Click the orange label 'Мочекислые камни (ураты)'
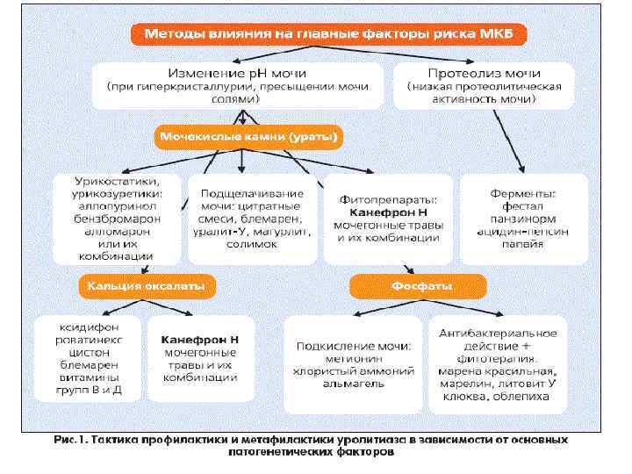(250, 138)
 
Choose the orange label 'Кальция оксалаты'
(147, 285)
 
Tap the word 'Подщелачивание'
(253, 192)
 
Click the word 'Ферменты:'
(524, 192)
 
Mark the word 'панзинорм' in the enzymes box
(524, 218)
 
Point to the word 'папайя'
(524, 243)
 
